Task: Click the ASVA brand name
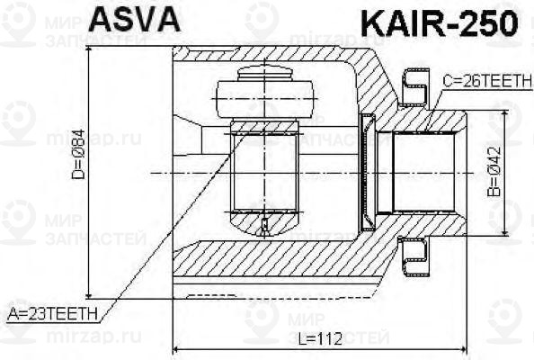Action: click(x=134, y=20)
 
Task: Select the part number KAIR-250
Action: click(x=440, y=23)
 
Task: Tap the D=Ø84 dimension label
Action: click(x=78, y=154)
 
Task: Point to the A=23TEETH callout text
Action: click(x=53, y=313)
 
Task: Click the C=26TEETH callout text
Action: click(x=487, y=81)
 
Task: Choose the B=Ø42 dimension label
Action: click(x=494, y=172)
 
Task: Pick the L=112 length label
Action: click(x=320, y=339)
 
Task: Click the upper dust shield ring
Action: click(x=416, y=88)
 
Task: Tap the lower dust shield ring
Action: click(x=415, y=257)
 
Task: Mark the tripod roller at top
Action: click(x=264, y=99)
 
